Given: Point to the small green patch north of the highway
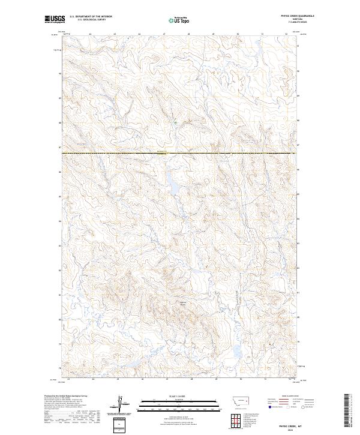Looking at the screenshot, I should tap(175, 122).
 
